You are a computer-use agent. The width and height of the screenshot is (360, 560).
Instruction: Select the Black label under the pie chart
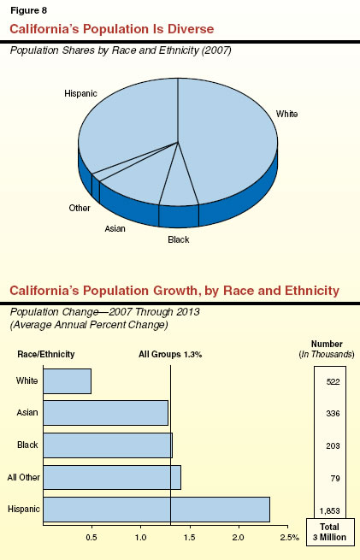[178, 240]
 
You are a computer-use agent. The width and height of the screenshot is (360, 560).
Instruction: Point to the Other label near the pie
[80, 208]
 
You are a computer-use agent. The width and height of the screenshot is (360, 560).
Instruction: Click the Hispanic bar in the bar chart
[156, 510]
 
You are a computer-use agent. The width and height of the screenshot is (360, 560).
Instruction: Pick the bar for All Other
[111, 477]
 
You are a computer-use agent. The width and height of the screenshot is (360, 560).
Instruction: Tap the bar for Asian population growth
[105, 413]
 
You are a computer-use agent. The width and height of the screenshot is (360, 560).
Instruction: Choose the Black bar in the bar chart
[107, 445]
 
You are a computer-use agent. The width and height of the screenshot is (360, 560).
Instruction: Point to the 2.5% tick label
[289, 537]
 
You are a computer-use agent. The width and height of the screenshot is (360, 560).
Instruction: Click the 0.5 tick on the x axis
[91, 537]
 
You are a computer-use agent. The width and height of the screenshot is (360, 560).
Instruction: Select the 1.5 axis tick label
[190, 537]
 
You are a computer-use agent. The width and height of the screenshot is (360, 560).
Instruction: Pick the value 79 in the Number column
[333, 477]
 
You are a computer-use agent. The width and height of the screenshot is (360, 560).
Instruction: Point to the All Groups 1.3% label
[170, 354]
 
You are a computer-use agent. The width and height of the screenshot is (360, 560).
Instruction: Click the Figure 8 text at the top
[26, 11]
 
